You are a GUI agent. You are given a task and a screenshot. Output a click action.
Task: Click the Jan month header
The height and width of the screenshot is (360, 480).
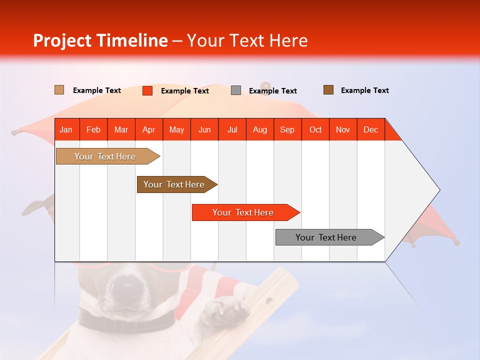[x=66, y=129]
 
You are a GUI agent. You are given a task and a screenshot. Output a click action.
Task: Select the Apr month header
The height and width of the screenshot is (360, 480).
[x=149, y=129]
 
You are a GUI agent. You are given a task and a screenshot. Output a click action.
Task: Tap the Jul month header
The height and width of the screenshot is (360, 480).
[x=232, y=129]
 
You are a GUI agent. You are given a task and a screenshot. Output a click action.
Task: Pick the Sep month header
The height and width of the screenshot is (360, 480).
[x=287, y=129]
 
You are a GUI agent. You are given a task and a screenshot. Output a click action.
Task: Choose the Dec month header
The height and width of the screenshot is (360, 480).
[x=370, y=129]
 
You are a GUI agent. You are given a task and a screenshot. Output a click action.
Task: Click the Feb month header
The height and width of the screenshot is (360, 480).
[x=93, y=129]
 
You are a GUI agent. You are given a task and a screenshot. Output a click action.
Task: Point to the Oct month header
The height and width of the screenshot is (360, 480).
[x=315, y=129]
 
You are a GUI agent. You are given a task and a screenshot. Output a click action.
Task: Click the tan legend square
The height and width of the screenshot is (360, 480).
[x=59, y=90]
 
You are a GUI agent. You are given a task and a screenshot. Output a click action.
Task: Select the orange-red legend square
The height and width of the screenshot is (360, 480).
[x=147, y=90]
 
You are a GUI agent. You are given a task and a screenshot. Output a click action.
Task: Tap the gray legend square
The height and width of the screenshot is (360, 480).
[x=236, y=90]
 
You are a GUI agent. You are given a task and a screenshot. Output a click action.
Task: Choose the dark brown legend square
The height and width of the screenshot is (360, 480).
[x=328, y=90]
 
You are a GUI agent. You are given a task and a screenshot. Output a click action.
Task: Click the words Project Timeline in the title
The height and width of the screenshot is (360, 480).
[x=100, y=40]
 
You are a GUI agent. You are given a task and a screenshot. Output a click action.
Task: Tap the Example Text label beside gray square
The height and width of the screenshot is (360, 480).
[x=272, y=91]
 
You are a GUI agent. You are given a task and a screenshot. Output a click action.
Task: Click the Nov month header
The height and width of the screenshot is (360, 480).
[x=343, y=129]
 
